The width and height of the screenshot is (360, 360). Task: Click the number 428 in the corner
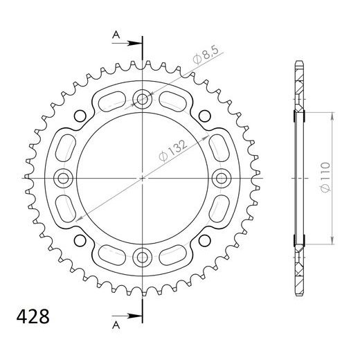click(x=32, y=318)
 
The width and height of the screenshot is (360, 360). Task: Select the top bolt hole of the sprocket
click(x=143, y=100)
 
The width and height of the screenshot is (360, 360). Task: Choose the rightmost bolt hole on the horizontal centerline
click(x=222, y=179)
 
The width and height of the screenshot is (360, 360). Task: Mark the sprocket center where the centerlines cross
click(x=143, y=179)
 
